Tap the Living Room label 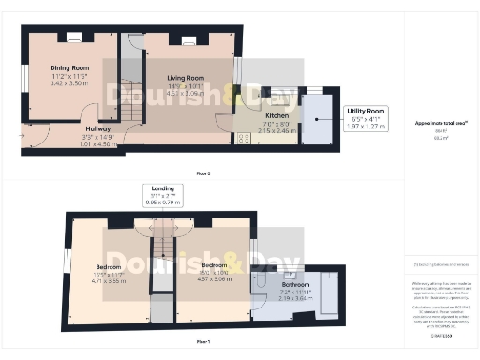coord(186,78)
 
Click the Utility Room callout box coord(367,117)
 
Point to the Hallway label coord(99,129)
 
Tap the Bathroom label coord(295,283)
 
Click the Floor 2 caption coord(202,173)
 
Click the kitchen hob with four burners coord(243,139)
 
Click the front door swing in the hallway coord(35,141)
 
